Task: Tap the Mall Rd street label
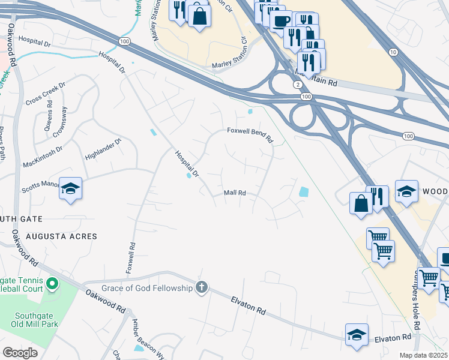click(x=235, y=193)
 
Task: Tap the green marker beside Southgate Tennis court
click(x=52, y=283)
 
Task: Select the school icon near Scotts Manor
click(x=70, y=189)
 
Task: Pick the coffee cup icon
click(x=280, y=22)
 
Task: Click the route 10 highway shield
click(x=393, y=52)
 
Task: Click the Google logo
click(x=20, y=352)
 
